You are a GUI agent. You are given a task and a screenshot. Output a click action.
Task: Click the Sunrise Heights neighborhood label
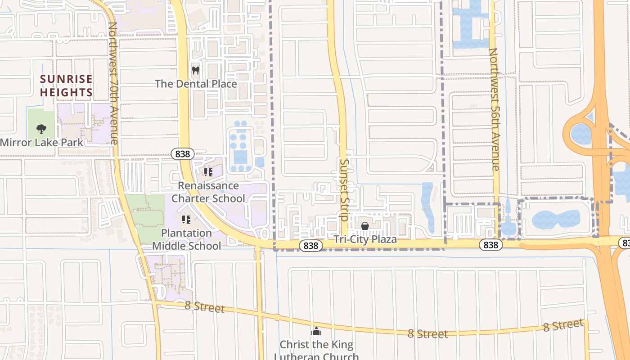[66, 85]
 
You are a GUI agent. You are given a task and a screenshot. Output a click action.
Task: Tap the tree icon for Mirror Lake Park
[41, 129]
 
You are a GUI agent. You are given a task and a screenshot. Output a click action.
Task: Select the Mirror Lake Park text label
[41, 143]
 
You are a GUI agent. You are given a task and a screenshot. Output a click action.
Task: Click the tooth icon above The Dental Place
[195, 70]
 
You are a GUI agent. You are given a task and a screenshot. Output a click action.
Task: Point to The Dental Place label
[196, 84]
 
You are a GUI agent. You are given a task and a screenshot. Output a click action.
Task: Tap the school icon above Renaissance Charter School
[208, 172]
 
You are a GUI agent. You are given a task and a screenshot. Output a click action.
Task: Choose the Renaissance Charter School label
[208, 192]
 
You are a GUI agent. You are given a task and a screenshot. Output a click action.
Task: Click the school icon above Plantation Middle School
[186, 220]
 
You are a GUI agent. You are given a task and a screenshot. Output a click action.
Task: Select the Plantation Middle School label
[186, 239]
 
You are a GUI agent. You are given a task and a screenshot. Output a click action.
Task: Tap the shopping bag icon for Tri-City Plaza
[365, 226]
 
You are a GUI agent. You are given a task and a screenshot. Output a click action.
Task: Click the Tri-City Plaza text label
[365, 239]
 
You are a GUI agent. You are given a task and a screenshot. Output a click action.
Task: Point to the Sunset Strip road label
[344, 190]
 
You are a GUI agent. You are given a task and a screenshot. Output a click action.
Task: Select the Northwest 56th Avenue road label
[494, 109]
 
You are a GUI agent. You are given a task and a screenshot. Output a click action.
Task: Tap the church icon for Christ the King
[316, 332]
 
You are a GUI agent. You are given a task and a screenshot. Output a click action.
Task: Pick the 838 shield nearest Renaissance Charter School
[183, 154]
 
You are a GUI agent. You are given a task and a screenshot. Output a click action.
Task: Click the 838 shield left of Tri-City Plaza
[311, 246]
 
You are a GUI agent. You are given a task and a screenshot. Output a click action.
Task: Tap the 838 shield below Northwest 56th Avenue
[491, 244]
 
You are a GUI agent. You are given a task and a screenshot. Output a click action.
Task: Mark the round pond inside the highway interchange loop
[581, 134]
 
